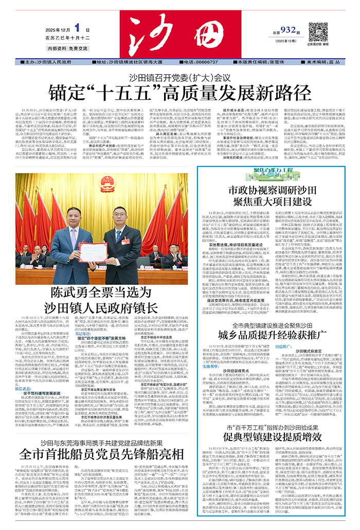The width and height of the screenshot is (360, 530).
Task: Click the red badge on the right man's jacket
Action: point(125,241)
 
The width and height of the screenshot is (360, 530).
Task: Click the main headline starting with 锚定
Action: point(179,93)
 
